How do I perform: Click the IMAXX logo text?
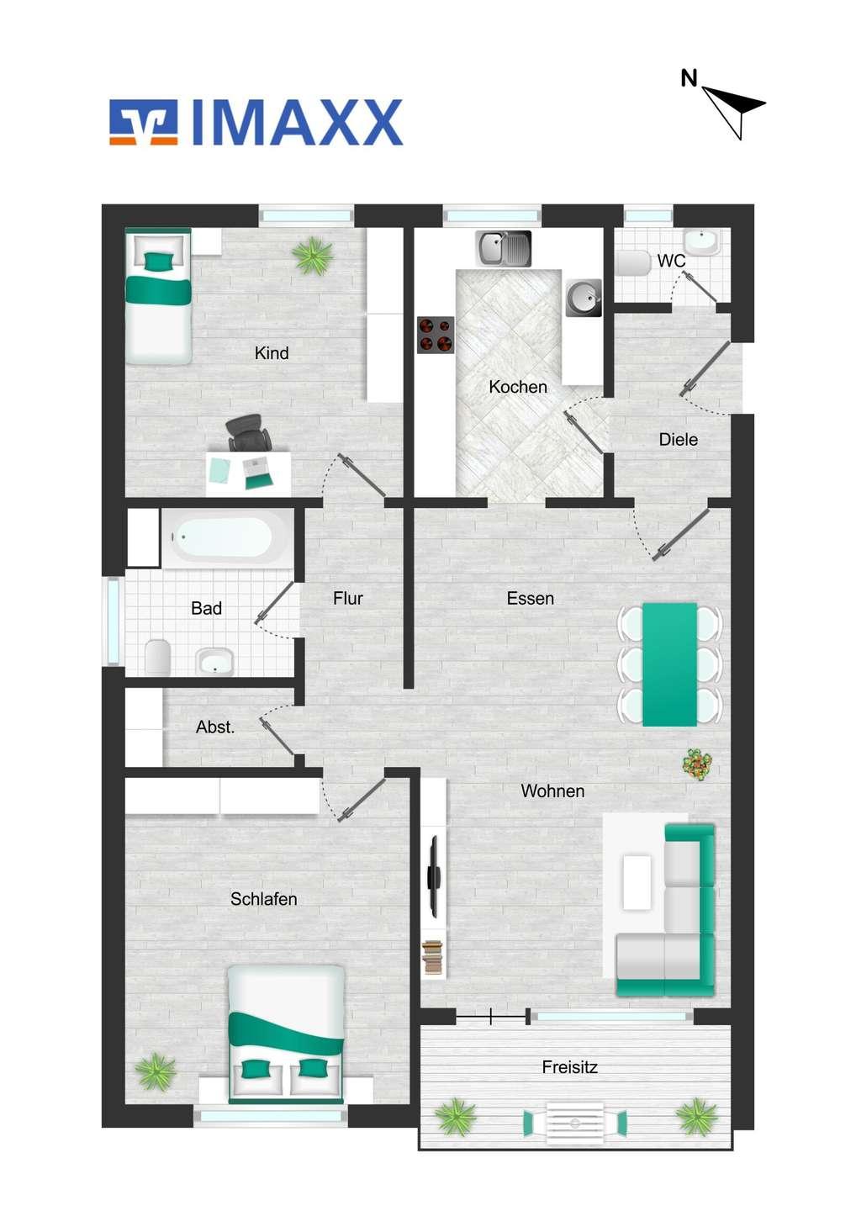[x=297, y=122]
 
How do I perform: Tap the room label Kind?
[x=272, y=353]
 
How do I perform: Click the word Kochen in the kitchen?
[x=518, y=387]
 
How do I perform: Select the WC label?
[x=671, y=261]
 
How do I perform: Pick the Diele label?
[x=679, y=439]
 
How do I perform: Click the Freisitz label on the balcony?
[x=569, y=1067]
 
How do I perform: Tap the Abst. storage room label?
[x=215, y=727]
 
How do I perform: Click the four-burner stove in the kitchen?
[x=435, y=335]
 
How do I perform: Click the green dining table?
[x=669, y=664]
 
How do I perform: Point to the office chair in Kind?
[x=248, y=432]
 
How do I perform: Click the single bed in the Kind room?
[x=158, y=296]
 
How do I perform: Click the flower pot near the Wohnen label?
[x=698, y=764]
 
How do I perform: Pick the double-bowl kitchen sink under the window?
[x=504, y=248]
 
